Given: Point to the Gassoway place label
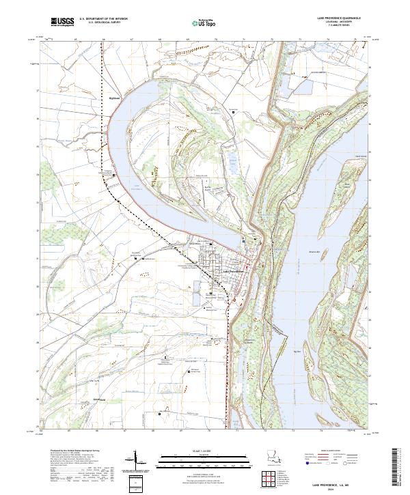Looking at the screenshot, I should coord(90,399).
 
